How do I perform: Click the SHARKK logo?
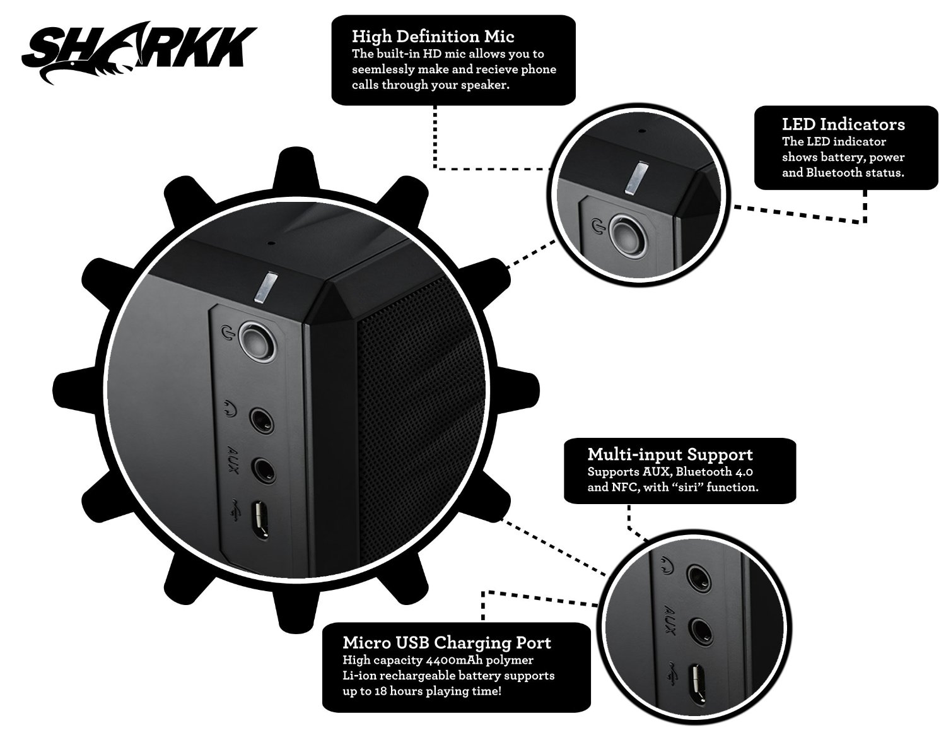point(141,49)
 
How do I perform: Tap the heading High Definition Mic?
point(433,36)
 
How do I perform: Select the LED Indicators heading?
point(843,124)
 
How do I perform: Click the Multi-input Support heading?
point(670,454)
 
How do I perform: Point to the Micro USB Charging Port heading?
point(447,643)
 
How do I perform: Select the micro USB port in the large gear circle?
point(260,519)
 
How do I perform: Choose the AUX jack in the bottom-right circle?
point(698,629)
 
